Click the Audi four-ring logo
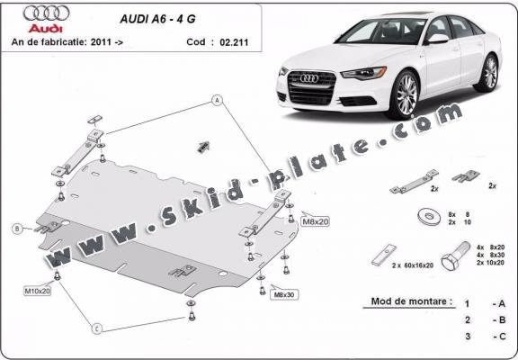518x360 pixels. point(44,15)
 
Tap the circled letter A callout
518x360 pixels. point(217,100)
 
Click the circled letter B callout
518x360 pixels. point(16,229)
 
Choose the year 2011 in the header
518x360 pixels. point(103,40)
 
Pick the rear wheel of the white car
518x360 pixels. point(489,73)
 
